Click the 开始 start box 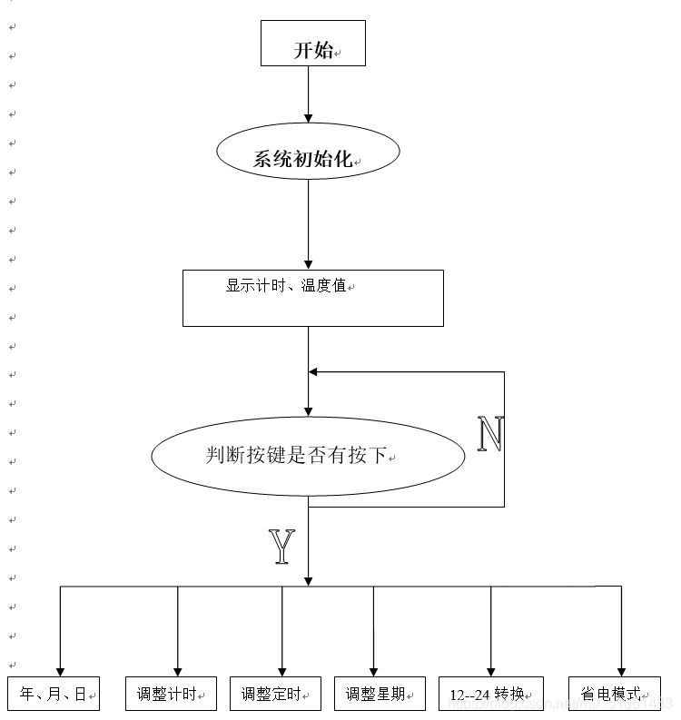312,44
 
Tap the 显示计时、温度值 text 286,285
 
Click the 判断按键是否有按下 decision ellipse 308,455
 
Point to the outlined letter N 490,436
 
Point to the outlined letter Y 282,547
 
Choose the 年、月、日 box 53,694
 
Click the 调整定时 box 276,695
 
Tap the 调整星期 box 380,695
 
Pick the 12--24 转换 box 491,695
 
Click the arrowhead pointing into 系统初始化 308,117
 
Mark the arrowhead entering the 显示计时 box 308,264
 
